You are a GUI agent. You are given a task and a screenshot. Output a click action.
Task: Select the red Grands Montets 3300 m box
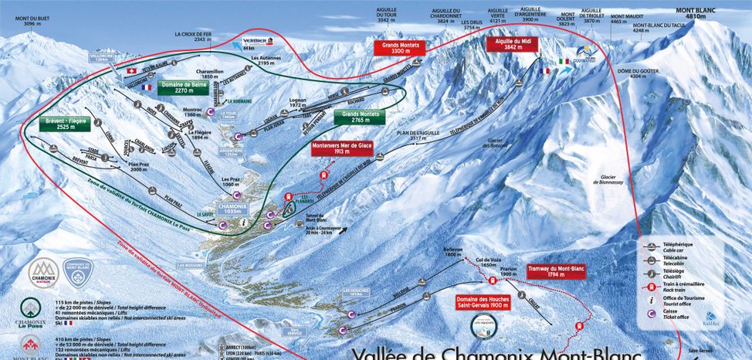[400, 47]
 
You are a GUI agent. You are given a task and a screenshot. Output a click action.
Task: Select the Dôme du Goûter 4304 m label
[627, 74]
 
